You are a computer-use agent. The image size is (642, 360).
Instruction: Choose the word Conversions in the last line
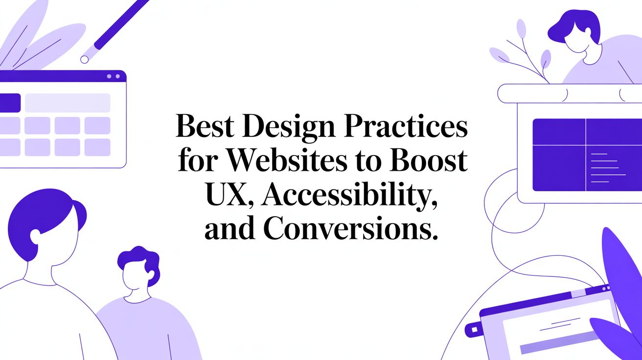pos(349,229)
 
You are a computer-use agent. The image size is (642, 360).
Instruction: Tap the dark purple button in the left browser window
pos(10,103)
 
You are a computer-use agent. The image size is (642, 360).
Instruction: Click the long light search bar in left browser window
pos(68,103)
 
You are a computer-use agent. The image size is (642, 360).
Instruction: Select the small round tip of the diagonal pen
pos(85,59)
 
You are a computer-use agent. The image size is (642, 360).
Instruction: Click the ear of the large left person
pos(35,236)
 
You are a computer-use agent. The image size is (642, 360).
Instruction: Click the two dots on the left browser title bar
pos(113,76)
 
